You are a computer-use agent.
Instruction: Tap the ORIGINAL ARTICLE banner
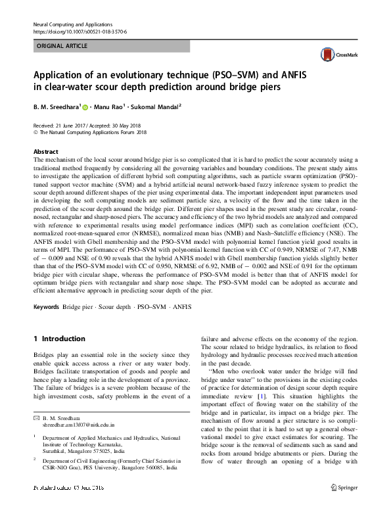pos(60,46)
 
